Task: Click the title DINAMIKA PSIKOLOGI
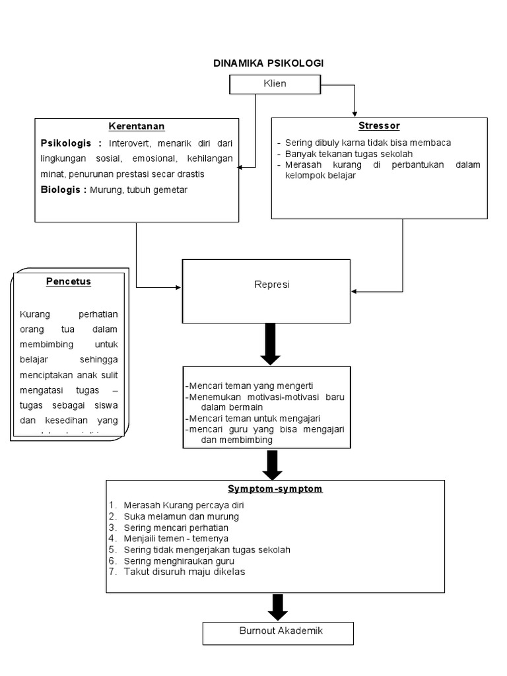(268, 63)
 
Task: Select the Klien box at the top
(275, 84)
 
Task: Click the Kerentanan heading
(137, 126)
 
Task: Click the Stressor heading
(379, 125)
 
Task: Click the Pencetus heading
(69, 281)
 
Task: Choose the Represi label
(267, 285)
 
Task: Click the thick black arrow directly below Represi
(271, 343)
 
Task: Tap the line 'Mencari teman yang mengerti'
(251, 386)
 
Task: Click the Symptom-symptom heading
(275, 489)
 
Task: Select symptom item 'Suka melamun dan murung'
(181, 516)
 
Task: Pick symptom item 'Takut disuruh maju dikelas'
(184, 572)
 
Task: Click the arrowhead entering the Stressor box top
(355, 113)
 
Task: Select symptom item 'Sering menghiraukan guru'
(179, 560)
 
